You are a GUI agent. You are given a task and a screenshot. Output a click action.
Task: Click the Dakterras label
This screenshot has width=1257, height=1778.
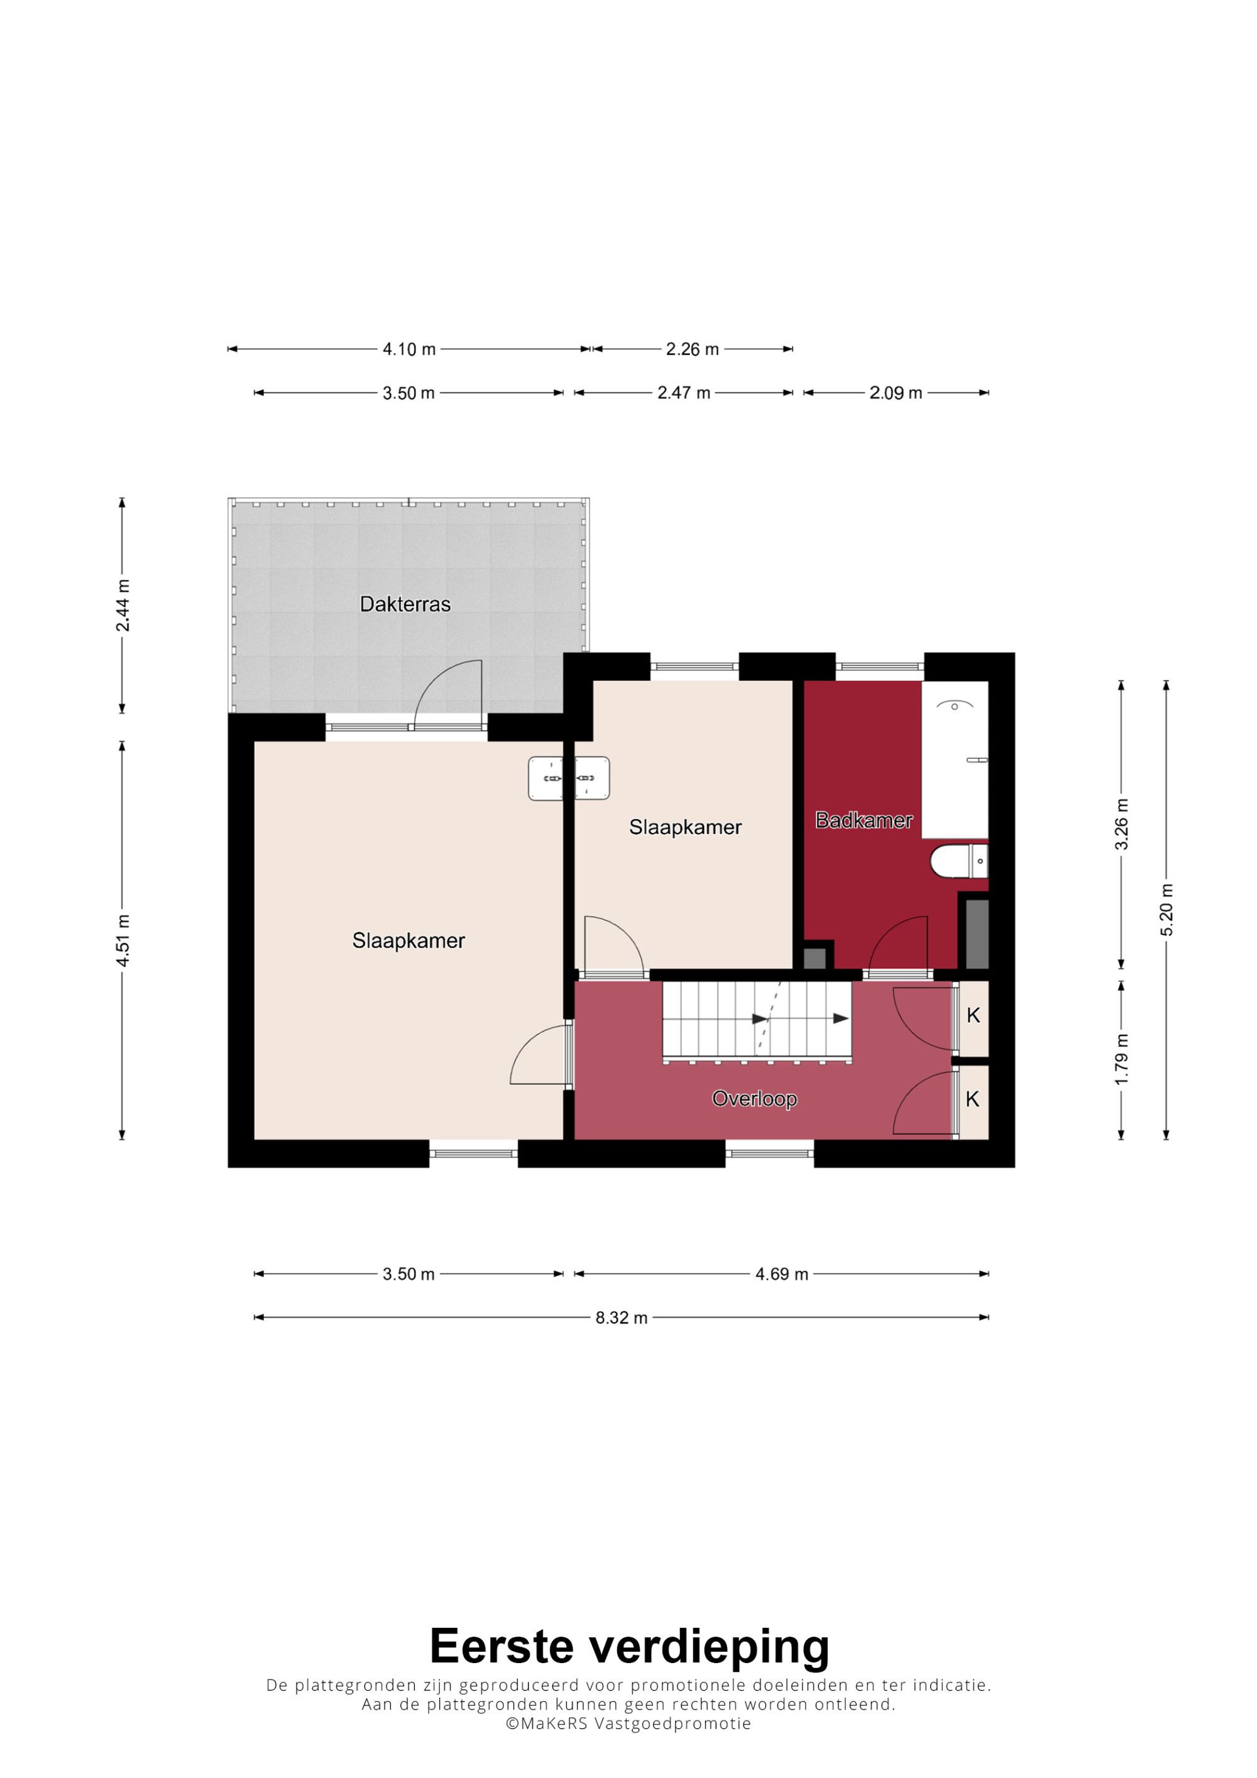click(x=405, y=604)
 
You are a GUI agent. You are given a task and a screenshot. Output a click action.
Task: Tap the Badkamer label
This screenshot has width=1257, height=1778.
click(x=864, y=820)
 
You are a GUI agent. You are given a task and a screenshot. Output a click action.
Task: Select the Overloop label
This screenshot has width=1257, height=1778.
click(x=754, y=1099)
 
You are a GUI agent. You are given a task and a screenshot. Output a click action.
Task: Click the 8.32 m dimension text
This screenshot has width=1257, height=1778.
click(x=621, y=1317)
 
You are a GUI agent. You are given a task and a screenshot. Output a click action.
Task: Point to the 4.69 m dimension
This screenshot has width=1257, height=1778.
click(x=781, y=1274)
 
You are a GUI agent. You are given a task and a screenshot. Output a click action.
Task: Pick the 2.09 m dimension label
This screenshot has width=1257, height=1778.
click(x=896, y=393)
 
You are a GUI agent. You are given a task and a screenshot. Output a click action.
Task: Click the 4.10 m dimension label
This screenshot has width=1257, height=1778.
click(x=409, y=349)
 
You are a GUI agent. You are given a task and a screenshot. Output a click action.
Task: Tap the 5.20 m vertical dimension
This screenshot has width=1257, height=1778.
click(x=1166, y=909)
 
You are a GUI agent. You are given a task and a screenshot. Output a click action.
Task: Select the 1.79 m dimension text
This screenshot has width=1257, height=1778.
click(x=1121, y=1059)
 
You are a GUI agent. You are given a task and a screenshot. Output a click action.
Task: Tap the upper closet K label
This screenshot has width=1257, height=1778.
click(x=974, y=1015)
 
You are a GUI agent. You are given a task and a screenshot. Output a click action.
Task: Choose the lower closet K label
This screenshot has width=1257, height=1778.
click(x=973, y=1098)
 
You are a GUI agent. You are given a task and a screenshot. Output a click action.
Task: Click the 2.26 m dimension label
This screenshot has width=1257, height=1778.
click(x=693, y=349)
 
